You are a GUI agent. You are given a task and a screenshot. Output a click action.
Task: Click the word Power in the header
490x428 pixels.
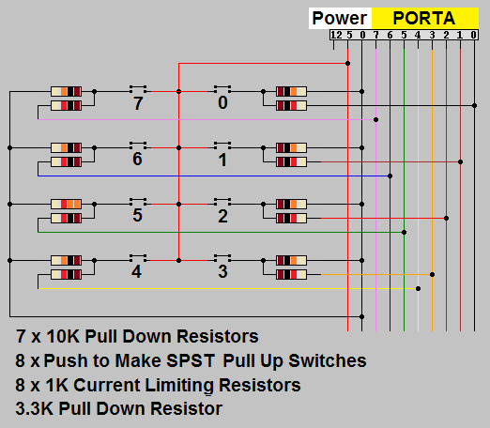pos(340,18)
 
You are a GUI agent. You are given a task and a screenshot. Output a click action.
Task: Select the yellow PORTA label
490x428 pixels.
pos(424,18)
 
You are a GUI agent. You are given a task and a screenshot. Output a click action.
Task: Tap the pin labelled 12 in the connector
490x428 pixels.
pos(336,35)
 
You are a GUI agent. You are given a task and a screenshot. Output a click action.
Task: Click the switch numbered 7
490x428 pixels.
pos(138,89)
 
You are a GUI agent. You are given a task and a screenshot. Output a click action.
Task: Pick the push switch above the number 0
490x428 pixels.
pos(222,89)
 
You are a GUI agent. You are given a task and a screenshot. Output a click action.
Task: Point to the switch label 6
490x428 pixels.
pos(137,159)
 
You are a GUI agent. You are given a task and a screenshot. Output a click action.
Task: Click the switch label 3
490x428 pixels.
pos(222,271)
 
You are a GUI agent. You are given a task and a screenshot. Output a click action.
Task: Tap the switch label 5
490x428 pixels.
pos(137,215)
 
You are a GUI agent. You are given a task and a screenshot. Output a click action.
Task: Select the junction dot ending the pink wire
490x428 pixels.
pos(375,119)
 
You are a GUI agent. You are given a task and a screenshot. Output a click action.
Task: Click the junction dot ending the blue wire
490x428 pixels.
pos(390,176)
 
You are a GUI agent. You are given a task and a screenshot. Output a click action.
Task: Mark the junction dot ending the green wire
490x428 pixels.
pos(404,232)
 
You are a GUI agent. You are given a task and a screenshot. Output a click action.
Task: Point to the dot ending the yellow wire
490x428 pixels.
pos(418,288)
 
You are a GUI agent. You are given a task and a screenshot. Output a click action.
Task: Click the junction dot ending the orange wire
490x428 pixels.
pos(432,274)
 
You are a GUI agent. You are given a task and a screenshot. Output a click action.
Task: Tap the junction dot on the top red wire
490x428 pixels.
pos(347,63)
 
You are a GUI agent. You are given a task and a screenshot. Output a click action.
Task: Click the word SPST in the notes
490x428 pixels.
pos(191,360)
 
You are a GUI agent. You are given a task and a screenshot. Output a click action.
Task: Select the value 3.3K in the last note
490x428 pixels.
pos(35,408)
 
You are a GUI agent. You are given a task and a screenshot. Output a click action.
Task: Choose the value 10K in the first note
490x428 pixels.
pos(63,337)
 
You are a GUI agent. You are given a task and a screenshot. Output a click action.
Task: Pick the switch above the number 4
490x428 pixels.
pos(138,258)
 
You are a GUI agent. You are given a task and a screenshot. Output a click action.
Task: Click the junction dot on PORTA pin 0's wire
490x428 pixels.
pos(474,105)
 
